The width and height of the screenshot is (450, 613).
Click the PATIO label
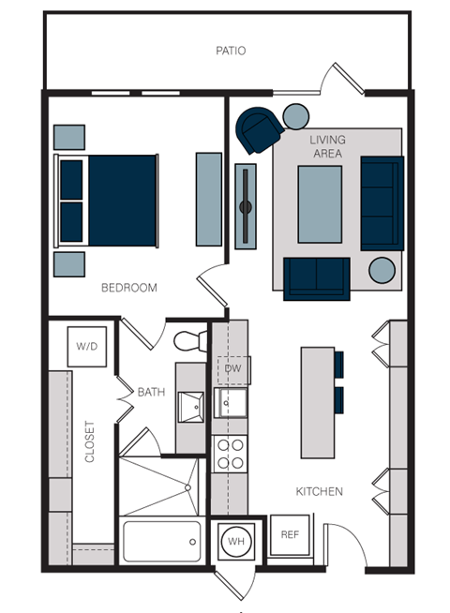(x=230, y=51)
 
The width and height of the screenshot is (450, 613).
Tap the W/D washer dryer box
(x=86, y=347)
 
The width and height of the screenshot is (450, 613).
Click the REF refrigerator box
(x=290, y=534)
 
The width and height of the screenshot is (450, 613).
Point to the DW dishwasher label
(x=232, y=368)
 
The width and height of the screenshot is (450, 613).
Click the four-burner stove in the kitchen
(x=231, y=455)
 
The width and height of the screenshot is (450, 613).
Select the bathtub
(x=161, y=541)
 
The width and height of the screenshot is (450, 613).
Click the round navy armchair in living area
(x=258, y=130)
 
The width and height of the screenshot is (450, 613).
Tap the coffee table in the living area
(x=320, y=203)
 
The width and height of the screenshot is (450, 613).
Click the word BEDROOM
(x=129, y=288)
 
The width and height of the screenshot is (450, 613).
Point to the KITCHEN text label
(x=320, y=491)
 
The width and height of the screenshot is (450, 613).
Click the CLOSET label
(x=90, y=441)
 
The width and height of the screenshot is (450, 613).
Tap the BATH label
(x=151, y=392)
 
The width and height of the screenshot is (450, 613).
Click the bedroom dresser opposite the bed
(x=208, y=200)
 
